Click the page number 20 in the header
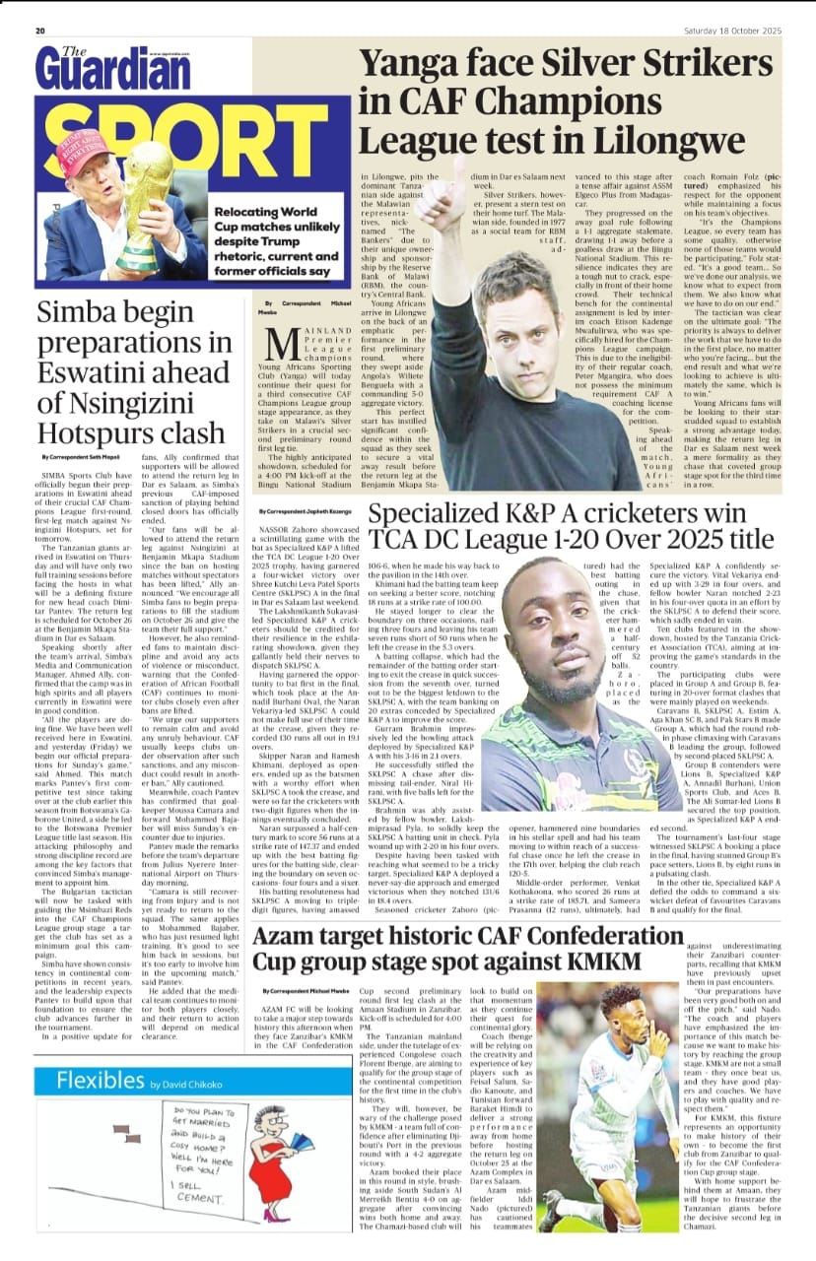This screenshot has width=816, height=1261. (40, 31)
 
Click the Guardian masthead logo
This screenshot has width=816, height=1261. (100, 69)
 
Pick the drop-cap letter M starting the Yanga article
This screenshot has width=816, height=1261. (285, 345)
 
